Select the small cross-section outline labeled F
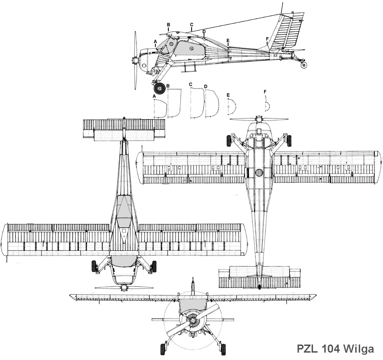click(x=267, y=105)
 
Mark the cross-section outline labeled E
click(x=231, y=106)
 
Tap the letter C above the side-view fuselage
click(x=192, y=25)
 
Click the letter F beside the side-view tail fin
click(x=267, y=38)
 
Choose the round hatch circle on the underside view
click(x=259, y=173)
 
